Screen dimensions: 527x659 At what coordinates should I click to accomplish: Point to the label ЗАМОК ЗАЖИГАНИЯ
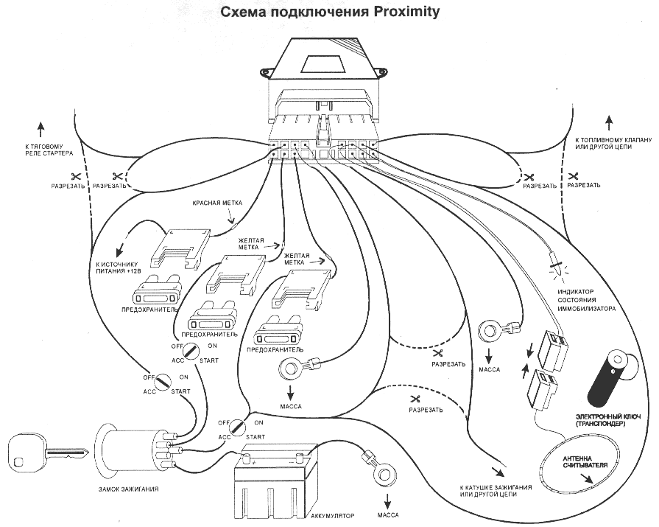[130, 489]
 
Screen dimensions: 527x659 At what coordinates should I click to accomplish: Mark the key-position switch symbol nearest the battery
[236, 427]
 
